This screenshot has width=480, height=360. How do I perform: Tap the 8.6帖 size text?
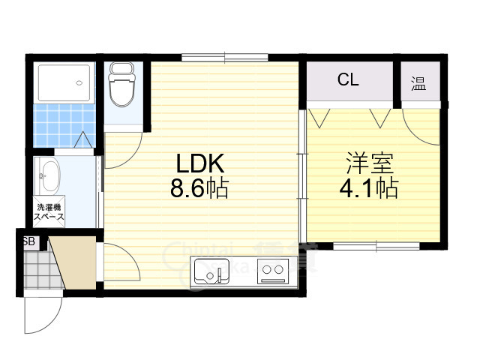[199, 187]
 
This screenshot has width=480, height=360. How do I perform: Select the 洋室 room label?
[369, 163]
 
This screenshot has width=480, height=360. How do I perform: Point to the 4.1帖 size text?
[369, 187]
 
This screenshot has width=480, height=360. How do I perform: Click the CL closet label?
[347, 79]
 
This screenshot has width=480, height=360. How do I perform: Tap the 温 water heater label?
[418, 82]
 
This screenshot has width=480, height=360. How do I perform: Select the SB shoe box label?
[29, 241]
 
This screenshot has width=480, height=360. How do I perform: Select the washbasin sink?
[49, 178]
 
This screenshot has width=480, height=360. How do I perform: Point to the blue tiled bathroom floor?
[60, 120]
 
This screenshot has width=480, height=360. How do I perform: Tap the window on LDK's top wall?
[224, 58]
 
